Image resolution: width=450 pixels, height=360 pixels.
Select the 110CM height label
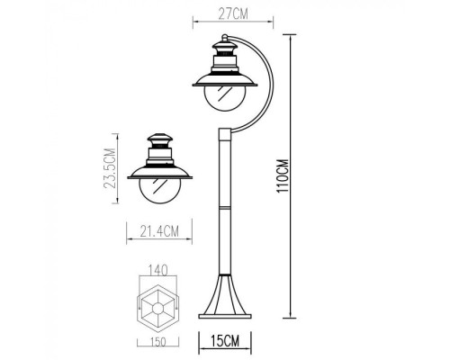(283, 178)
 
